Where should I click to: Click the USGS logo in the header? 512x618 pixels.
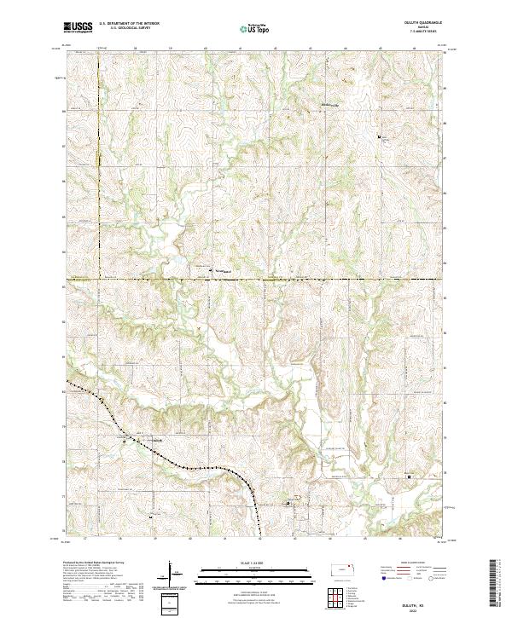pyautogui.click(x=77, y=27)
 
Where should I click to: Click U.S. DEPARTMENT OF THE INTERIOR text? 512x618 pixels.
pyautogui.click(x=129, y=23)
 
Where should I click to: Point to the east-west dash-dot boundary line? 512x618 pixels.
pyautogui.click(x=256, y=278)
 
